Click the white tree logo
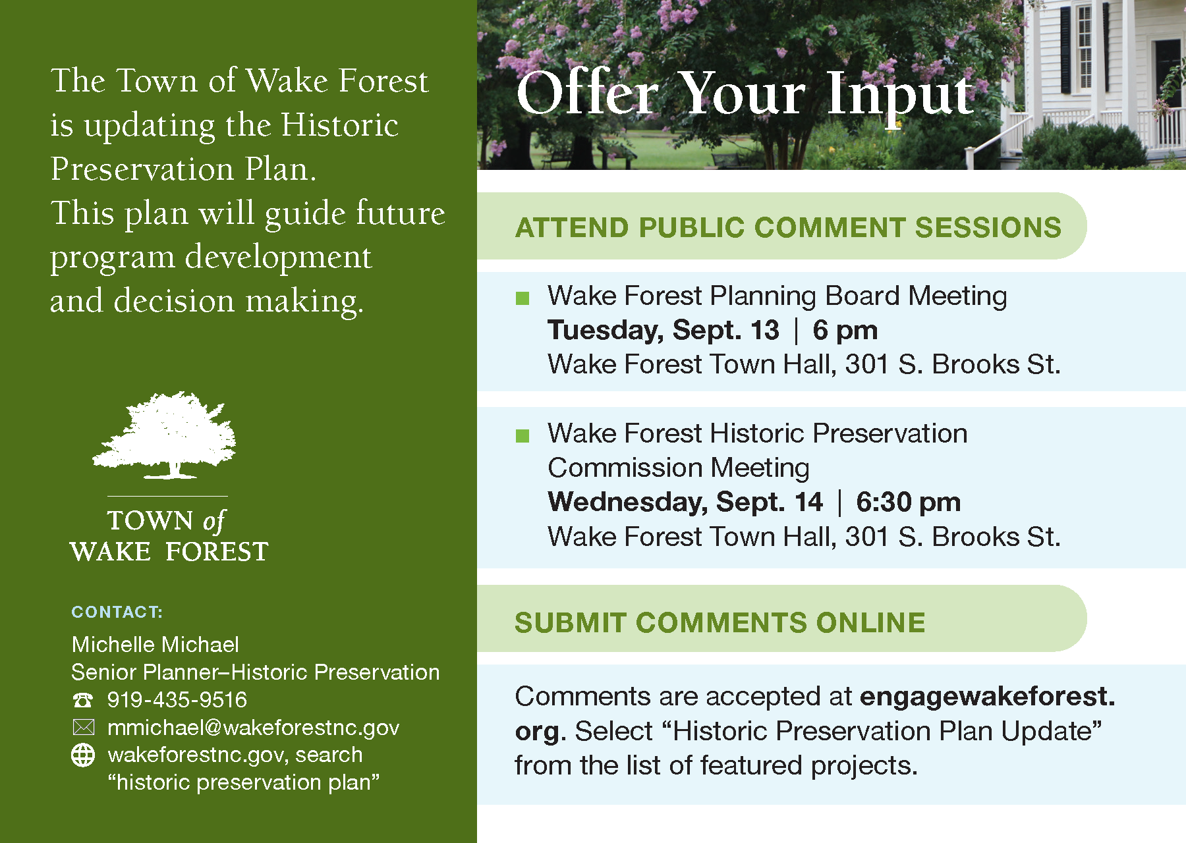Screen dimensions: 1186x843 coord(165,435)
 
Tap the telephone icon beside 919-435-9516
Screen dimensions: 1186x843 coord(83,699)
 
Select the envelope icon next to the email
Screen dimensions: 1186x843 coord(83,727)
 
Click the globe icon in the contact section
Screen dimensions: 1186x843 coord(83,755)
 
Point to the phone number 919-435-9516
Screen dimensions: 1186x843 coord(177,699)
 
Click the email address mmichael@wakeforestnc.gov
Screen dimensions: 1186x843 coord(254,727)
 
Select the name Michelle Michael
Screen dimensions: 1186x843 coord(155,644)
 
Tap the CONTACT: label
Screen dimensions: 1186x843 coord(117,612)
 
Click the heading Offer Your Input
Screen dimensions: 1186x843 coord(745,94)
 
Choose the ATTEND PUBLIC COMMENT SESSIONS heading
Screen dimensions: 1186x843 coord(788,227)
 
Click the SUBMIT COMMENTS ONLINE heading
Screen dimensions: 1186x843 coord(720,622)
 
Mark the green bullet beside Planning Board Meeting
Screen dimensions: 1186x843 coord(522,298)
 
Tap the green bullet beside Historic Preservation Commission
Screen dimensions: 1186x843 coord(522,436)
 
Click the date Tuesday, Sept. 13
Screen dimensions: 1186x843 coord(664,330)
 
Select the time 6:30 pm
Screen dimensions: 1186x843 coord(908,502)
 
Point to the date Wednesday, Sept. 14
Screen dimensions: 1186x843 coord(685,502)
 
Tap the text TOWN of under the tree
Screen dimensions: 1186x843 coord(166,521)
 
